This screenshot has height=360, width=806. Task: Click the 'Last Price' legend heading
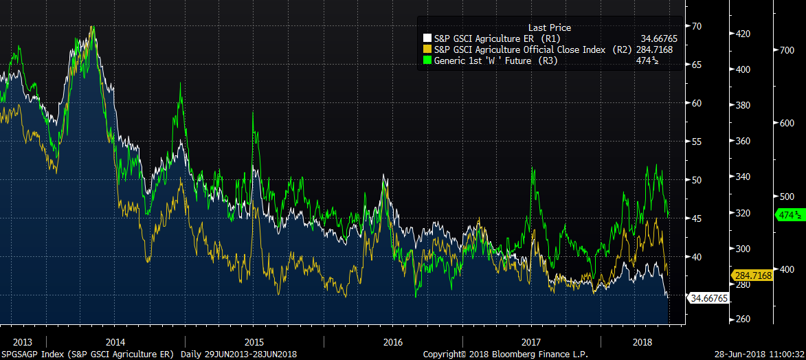[549, 27]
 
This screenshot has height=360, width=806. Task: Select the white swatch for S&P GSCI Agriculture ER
[427, 38]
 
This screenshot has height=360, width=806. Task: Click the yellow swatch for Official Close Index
[427, 49]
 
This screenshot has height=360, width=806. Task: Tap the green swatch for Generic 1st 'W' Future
[427, 60]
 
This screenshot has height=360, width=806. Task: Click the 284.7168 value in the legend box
[654, 49]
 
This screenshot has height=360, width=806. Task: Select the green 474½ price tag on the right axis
[790, 215]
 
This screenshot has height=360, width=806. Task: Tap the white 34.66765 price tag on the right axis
[708, 298]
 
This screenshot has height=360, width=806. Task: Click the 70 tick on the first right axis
[697, 26]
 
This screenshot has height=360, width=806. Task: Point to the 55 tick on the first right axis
[697, 142]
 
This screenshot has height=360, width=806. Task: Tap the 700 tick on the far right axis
[785, 50]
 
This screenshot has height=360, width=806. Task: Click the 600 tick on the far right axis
[785, 123]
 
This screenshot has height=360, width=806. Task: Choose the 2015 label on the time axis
[254, 341]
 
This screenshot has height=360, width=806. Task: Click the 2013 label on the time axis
[23, 341]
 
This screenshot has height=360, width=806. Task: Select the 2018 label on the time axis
[642, 341]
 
